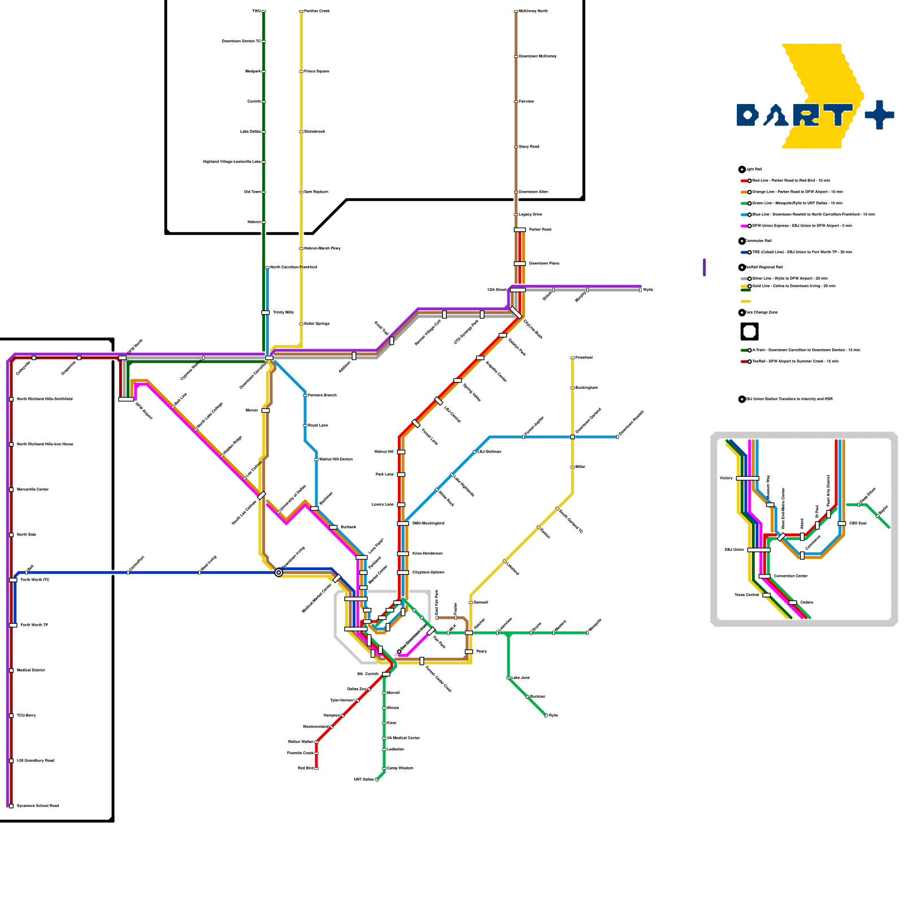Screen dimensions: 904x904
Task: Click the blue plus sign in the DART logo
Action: pos(879,115)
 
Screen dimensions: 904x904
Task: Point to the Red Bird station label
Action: pos(306,768)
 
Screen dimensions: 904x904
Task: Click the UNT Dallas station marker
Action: pos(377,780)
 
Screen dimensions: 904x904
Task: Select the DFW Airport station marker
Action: pos(126,399)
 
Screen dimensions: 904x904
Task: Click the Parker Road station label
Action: pos(540,230)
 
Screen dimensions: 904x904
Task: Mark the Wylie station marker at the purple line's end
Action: pos(641,290)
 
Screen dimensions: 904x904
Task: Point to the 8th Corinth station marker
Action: pos(386,674)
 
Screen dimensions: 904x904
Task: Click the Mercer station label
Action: pos(252,411)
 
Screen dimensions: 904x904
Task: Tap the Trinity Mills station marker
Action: pos(266,312)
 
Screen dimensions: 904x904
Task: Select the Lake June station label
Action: pos(521,677)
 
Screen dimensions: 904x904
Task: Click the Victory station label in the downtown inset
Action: pos(726,479)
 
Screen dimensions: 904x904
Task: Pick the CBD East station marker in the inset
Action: pos(842,524)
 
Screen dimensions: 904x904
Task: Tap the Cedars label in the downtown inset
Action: pos(807,603)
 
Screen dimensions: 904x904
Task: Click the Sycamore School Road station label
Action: pos(38,806)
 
